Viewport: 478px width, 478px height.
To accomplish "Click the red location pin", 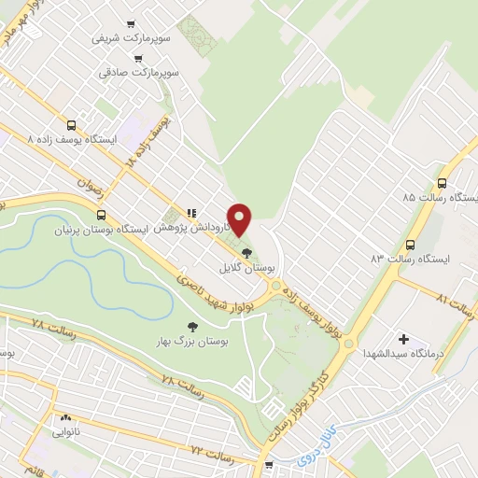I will click(x=241, y=218).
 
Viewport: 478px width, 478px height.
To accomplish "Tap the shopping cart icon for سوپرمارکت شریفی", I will click(x=132, y=24).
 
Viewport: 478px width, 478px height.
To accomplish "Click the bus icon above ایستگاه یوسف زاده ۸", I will click(x=71, y=125).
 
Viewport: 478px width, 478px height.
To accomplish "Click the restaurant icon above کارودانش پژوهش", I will click(x=191, y=212).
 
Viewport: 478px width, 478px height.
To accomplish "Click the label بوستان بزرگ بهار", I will click(x=193, y=342).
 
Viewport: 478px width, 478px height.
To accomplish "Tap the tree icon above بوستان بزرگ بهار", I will click(x=192, y=326).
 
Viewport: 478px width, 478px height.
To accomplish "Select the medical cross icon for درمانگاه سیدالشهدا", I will click(x=403, y=339).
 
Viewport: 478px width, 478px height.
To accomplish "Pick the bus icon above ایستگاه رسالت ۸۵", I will click(x=443, y=184).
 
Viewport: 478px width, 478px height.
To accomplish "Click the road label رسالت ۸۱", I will click(x=455, y=304).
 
